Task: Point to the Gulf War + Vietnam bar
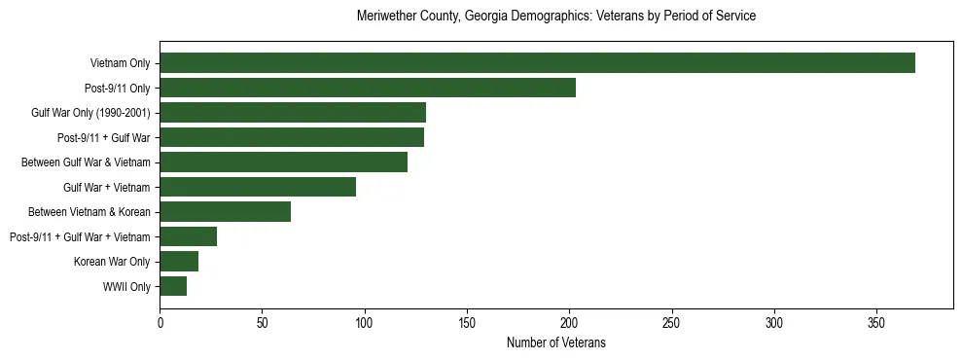pyautogui.click(x=258, y=187)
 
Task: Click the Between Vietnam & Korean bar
pyautogui.click(x=225, y=211)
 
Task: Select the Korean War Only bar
pyautogui.click(x=179, y=261)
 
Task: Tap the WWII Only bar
pyautogui.click(x=173, y=286)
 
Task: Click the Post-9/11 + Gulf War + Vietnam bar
pyautogui.click(x=188, y=236)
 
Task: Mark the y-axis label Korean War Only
pyautogui.click(x=112, y=261)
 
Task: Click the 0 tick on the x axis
pyautogui.click(x=160, y=322)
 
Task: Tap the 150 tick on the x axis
pyautogui.click(x=467, y=322)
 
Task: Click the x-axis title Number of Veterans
pyautogui.click(x=556, y=342)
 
